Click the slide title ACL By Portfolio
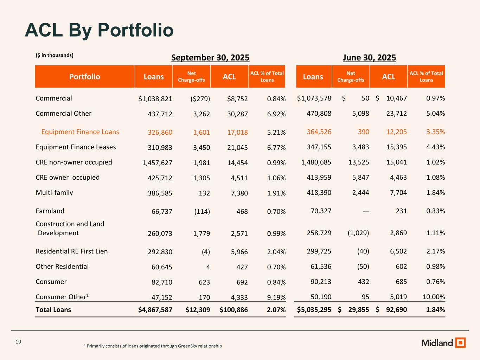tap(99, 30)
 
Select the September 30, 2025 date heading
tap(210, 58)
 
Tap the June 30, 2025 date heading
tap(370, 58)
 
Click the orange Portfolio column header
tap(84, 77)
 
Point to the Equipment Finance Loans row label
tap(80, 132)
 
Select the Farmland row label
tap(50, 211)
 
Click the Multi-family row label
tap(55, 193)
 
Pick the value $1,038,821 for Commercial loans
tap(155, 99)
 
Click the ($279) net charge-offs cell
tap(199, 99)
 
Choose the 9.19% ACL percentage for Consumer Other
tap(276, 297)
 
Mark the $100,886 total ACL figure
tap(234, 310)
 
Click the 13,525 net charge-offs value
tap(358, 162)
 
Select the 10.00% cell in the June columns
tap(434, 297)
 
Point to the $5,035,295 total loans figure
tap(314, 310)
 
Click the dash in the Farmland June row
tap(366, 211)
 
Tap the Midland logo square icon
tap(460, 343)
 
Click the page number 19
tap(19, 342)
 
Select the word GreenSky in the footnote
tap(188, 346)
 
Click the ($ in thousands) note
tap(55, 55)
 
